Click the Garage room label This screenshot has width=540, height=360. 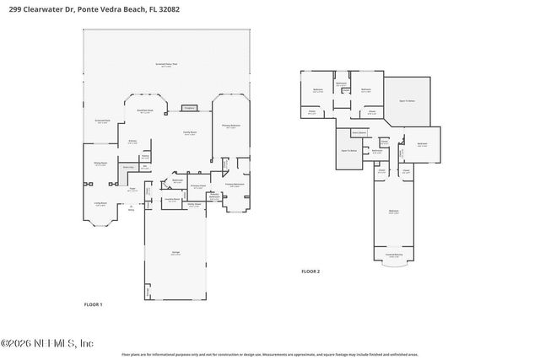click(175, 254)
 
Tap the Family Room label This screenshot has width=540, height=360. click(190, 133)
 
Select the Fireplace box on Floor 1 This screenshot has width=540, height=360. click(190, 107)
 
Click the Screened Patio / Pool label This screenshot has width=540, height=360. click(169, 65)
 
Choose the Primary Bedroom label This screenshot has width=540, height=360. click(232, 126)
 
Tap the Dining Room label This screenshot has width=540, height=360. click(100, 165)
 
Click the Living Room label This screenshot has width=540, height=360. click(100, 204)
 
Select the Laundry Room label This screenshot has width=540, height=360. click(172, 200)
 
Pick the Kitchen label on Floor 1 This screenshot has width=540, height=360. click(132, 142)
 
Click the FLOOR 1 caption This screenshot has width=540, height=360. click(93, 304)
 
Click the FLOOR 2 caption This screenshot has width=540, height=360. click(311, 271)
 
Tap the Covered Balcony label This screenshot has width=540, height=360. click(394, 254)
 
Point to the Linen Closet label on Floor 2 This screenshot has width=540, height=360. click(359, 132)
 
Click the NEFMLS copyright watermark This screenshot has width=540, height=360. click(48, 344)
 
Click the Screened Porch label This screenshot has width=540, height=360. click(102, 121)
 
